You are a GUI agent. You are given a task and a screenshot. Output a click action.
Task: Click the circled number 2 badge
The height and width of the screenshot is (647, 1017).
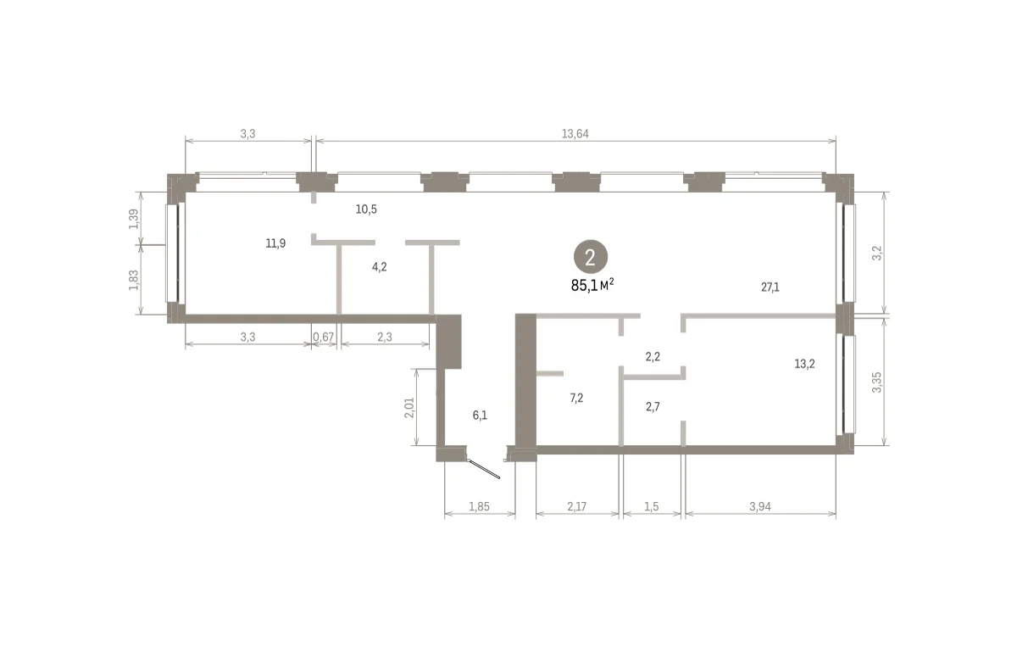590,257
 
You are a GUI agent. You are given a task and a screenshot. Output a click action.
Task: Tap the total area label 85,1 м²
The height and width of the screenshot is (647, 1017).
592,285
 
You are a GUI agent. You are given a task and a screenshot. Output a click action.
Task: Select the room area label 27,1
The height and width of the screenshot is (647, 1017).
770,287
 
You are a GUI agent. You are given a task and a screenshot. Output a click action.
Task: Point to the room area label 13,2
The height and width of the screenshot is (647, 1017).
804,364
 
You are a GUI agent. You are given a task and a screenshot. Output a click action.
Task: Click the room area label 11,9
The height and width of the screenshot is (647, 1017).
275,243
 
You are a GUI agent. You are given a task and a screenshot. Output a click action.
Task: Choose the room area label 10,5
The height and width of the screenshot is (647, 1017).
366,209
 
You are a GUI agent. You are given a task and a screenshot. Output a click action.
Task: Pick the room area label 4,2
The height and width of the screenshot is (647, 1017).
379,267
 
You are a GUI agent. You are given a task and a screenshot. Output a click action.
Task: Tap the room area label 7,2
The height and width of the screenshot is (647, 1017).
576,399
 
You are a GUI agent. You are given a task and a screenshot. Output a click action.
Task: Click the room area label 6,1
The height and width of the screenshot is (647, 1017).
480,415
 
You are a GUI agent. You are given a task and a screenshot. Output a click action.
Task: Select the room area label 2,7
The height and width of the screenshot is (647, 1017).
653,407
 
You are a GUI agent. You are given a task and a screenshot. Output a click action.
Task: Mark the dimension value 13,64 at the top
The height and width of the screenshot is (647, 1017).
575,134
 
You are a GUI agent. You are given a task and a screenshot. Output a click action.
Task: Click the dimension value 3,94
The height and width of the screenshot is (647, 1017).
760,506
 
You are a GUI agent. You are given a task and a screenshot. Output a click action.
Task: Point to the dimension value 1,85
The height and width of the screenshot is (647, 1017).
479,506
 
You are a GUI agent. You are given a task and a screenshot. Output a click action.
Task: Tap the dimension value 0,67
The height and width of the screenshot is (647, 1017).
323,337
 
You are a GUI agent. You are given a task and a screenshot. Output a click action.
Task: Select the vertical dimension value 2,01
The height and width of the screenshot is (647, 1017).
409,408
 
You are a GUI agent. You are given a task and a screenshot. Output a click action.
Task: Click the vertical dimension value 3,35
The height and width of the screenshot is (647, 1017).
876,382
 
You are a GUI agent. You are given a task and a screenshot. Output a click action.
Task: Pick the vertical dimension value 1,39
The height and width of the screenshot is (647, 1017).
134,219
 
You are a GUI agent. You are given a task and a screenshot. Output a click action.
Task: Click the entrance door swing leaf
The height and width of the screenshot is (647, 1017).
484,469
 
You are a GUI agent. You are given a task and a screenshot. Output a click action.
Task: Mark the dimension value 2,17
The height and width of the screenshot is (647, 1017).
576,506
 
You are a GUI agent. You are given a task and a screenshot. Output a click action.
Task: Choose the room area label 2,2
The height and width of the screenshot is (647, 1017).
653,357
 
